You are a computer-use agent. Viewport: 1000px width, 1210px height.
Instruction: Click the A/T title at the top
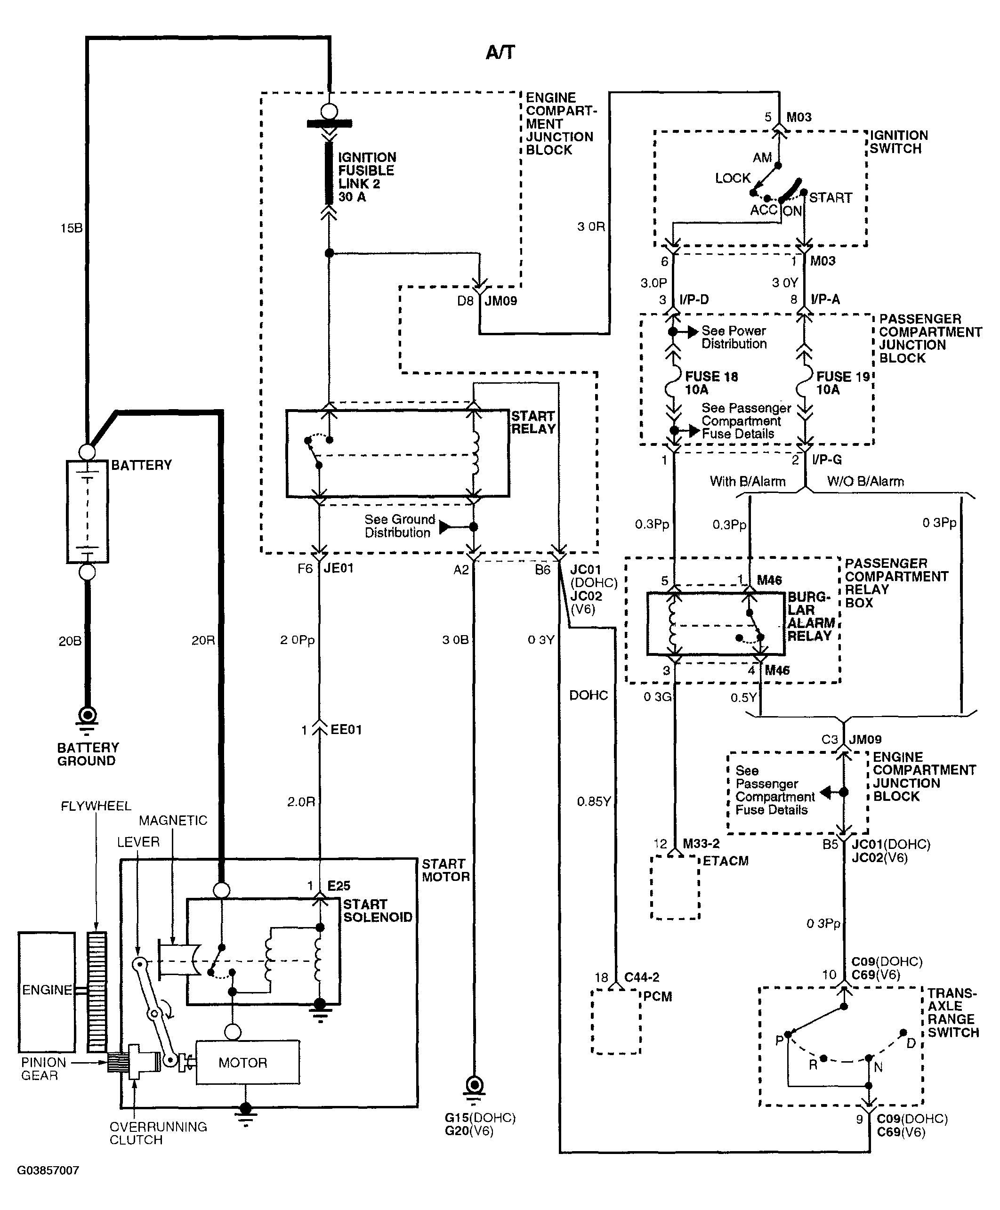(500, 52)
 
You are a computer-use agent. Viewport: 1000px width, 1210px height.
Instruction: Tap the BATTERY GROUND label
(88, 754)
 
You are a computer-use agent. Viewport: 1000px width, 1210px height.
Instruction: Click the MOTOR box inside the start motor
(248, 1063)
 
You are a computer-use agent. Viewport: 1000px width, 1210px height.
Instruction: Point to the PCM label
(657, 997)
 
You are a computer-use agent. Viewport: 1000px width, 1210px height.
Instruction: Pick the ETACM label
(725, 861)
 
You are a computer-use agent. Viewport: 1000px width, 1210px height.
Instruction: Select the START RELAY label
(533, 422)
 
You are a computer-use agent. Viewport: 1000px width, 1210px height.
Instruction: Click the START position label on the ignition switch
(830, 198)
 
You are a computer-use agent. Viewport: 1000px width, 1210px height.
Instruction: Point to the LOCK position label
(733, 178)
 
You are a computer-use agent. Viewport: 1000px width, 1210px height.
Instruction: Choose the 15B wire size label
(72, 228)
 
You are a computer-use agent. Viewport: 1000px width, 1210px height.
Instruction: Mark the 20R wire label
(203, 640)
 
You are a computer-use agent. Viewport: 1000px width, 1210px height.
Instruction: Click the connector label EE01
(346, 730)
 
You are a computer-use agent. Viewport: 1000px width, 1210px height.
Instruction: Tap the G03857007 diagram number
(48, 1170)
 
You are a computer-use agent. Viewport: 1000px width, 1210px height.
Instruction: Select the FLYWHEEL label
(96, 806)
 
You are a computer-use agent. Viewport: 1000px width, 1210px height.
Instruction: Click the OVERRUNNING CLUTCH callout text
(158, 1133)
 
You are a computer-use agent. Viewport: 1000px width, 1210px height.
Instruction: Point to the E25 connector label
(339, 886)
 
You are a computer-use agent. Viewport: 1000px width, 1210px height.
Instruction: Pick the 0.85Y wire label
(594, 802)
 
